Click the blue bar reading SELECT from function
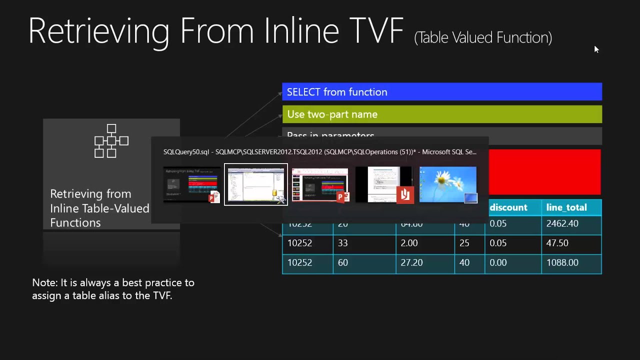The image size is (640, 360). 442,92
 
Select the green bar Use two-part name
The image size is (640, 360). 442,114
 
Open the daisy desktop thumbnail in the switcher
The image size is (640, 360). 447,184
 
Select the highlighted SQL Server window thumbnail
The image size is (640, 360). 255,184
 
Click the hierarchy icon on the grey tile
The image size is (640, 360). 111,141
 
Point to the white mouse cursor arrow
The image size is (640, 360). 596,48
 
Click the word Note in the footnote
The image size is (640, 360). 44,282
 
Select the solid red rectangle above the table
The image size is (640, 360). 544,171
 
